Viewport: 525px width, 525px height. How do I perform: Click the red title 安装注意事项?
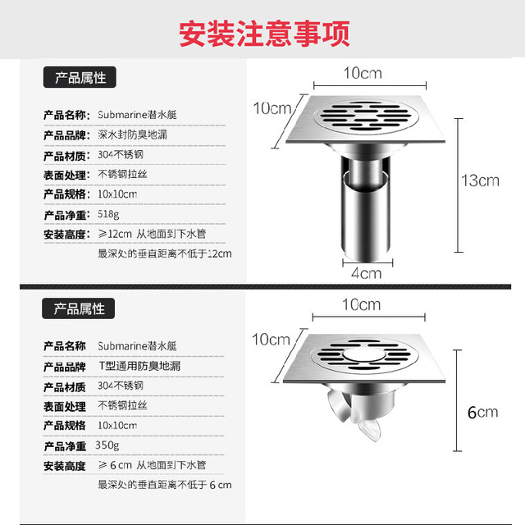click(x=264, y=34)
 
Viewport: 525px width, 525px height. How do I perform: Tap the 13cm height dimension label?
click(x=480, y=180)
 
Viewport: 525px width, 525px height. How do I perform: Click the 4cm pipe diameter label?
click(x=367, y=273)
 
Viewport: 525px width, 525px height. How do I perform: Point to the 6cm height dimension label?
click(x=482, y=412)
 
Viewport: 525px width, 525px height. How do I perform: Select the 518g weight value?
click(x=108, y=214)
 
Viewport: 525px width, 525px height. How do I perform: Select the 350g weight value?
click(x=107, y=445)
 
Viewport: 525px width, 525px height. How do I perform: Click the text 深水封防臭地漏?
click(x=133, y=135)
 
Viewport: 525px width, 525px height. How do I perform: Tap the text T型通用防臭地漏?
click(x=139, y=366)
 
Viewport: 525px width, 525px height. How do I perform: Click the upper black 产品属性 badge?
click(x=80, y=77)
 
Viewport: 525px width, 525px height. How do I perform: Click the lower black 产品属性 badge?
click(x=79, y=308)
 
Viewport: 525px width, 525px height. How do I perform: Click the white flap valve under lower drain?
click(x=355, y=415)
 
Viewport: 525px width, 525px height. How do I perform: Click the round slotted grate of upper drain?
click(x=366, y=116)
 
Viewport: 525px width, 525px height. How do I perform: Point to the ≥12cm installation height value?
click(x=115, y=234)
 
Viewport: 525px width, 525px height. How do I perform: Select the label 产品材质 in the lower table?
click(x=65, y=387)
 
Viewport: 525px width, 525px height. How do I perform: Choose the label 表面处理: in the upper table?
click(x=66, y=175)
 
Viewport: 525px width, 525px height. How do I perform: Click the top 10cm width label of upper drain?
click(x=363, y=73)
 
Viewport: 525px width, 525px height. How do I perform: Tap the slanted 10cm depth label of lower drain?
click(x=271, y=340)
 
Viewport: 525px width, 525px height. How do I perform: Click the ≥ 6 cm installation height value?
click(x=115, y=465)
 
